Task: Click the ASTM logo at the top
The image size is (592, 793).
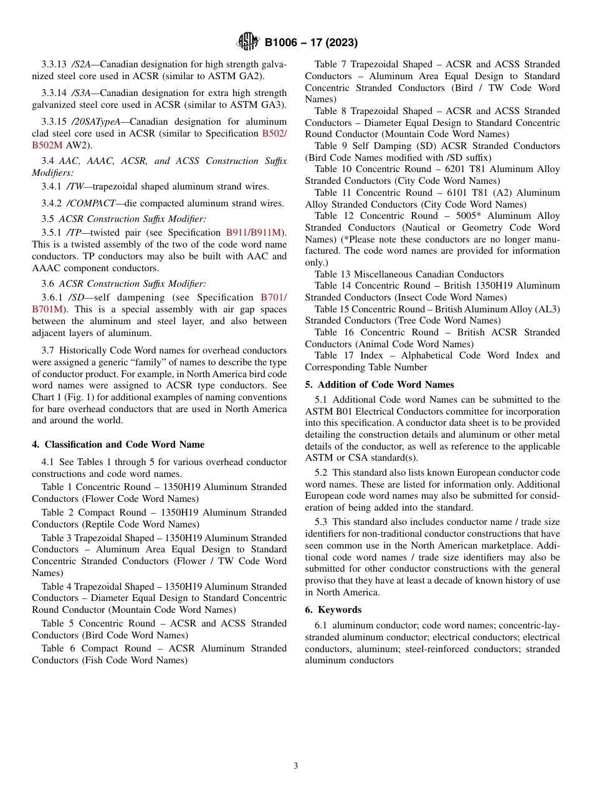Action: [248, 42]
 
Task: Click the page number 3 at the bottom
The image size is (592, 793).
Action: [296, 766]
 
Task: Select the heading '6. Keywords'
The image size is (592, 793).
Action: [333, 610]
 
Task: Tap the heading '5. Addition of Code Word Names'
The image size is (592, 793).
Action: [380, 384]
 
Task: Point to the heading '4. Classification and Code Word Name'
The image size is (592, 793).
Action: [118, 445]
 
